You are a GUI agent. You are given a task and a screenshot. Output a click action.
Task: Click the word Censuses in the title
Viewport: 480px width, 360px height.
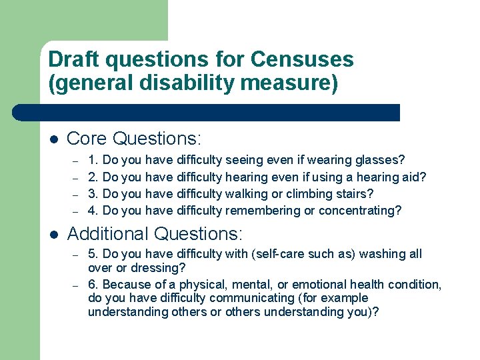click(x=302, y=59)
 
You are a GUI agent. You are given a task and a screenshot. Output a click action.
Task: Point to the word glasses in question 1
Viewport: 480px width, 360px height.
click(x=380, y=160)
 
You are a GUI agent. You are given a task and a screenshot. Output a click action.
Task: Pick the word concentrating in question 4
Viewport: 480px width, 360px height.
click(x=360, y=210)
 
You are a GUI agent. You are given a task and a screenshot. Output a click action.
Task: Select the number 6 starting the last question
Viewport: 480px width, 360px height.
click(x=92, y=285)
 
